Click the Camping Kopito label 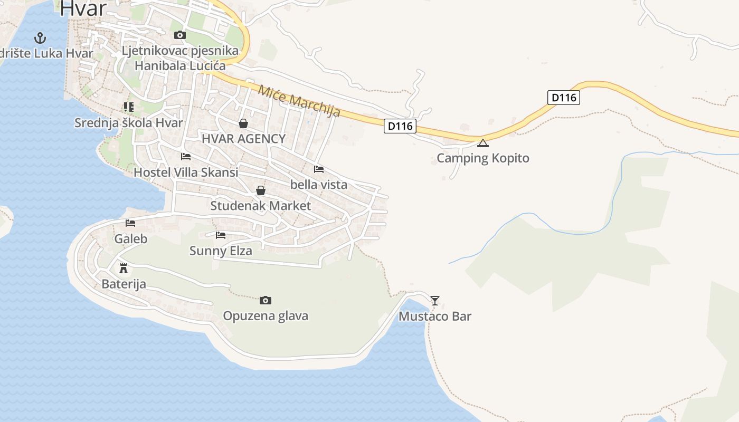point(482,158)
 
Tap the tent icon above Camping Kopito point(482,143)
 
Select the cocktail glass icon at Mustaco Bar point(434,301)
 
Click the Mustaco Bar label point(434,316)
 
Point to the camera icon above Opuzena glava point(266,300)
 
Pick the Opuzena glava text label point(266,316)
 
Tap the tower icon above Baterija point(124,268)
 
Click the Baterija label point(124,284)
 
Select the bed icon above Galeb point(130,223)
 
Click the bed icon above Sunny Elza point(221,235)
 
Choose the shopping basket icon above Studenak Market point(261,190)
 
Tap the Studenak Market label point(261,206)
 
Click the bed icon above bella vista point(319,169)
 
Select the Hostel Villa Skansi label point(186,172)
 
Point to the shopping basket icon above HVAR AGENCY point(243,123)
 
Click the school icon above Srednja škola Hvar point(128,107)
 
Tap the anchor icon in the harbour point(40,38)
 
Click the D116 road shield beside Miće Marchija point(400,126)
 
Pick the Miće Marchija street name point(299,101)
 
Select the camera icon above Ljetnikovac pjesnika point(180,35)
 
